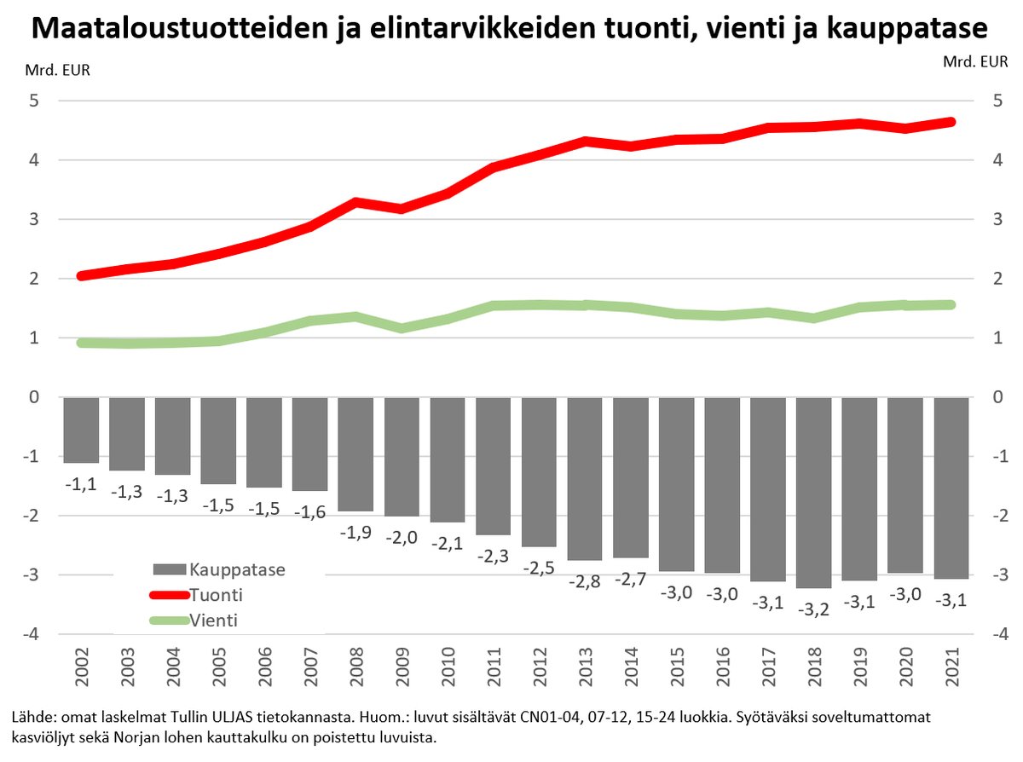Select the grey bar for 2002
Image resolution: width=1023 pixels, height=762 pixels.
tap(81, 430)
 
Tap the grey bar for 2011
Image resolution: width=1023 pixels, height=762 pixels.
tap(493, 465)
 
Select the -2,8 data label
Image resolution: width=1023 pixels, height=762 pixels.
tap(584, 581)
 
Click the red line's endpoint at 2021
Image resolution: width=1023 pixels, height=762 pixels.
tap(951, 122)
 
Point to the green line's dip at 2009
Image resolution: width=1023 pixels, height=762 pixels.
tap(402, 327)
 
